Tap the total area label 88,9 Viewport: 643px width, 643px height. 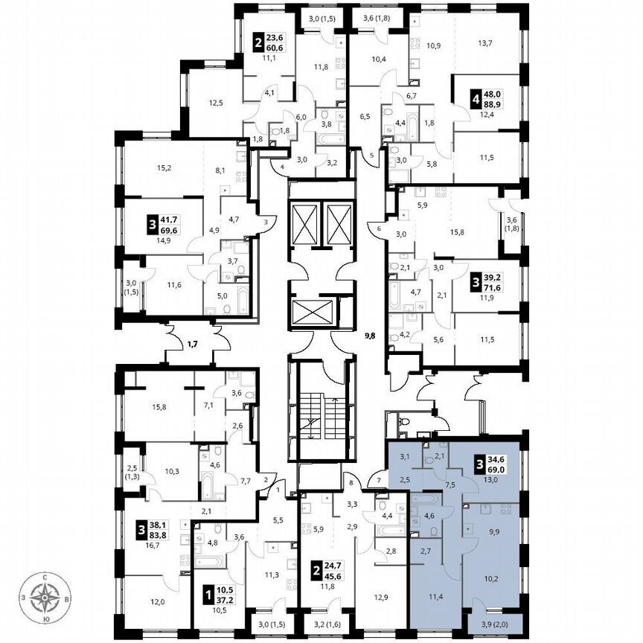point(491,106)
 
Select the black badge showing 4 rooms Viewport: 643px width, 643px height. point(473,100)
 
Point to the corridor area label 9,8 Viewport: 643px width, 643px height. point(370,336)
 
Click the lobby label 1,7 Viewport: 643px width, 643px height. point(192,344)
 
